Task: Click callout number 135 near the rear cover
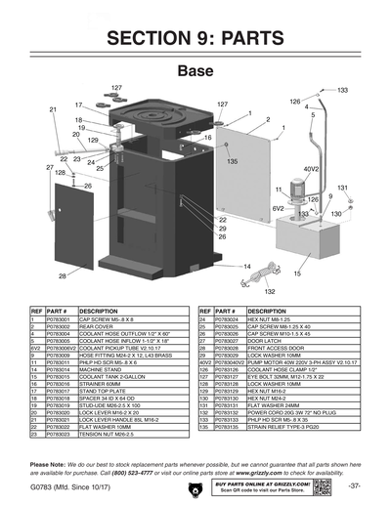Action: click(x=233, y=159)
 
